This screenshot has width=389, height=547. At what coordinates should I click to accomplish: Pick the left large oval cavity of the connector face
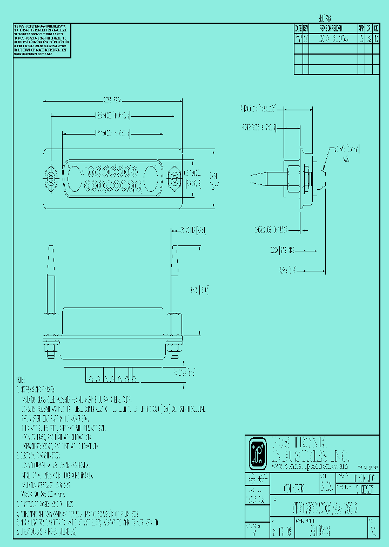tap(74, 178)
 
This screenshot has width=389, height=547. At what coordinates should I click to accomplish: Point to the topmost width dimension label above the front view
tap(112, 100)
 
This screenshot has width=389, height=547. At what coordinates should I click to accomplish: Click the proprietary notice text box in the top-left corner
tap(42, 41)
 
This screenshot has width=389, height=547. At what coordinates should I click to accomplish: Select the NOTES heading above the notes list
tap(21, 379)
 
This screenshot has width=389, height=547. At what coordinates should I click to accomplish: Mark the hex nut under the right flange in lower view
tap(174, 351)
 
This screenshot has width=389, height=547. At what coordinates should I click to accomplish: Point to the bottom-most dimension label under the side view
tap(287, 269)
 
